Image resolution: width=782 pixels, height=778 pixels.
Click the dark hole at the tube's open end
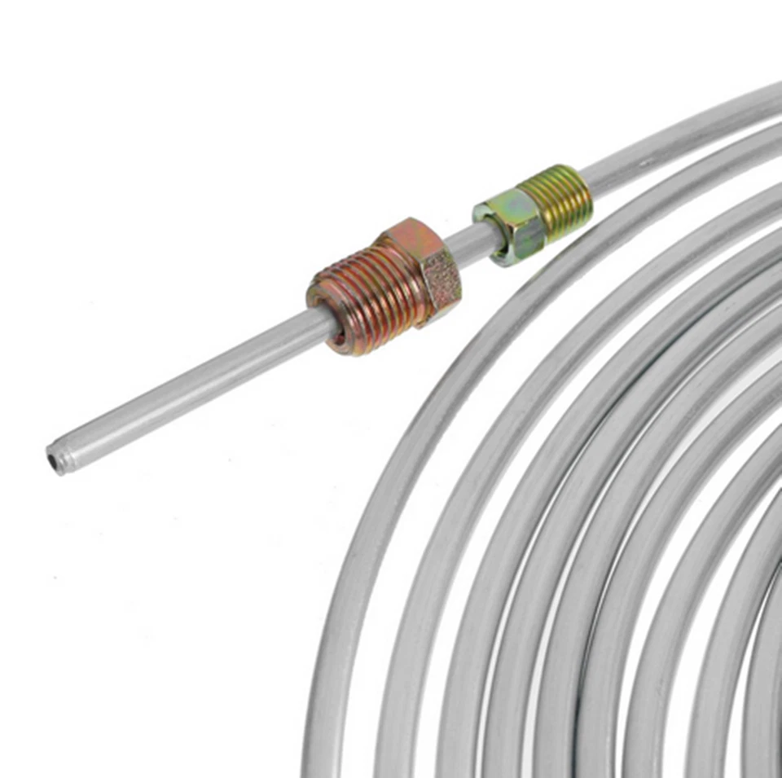pos(55,462)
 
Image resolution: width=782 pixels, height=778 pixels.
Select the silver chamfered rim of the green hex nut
pos(486,238)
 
